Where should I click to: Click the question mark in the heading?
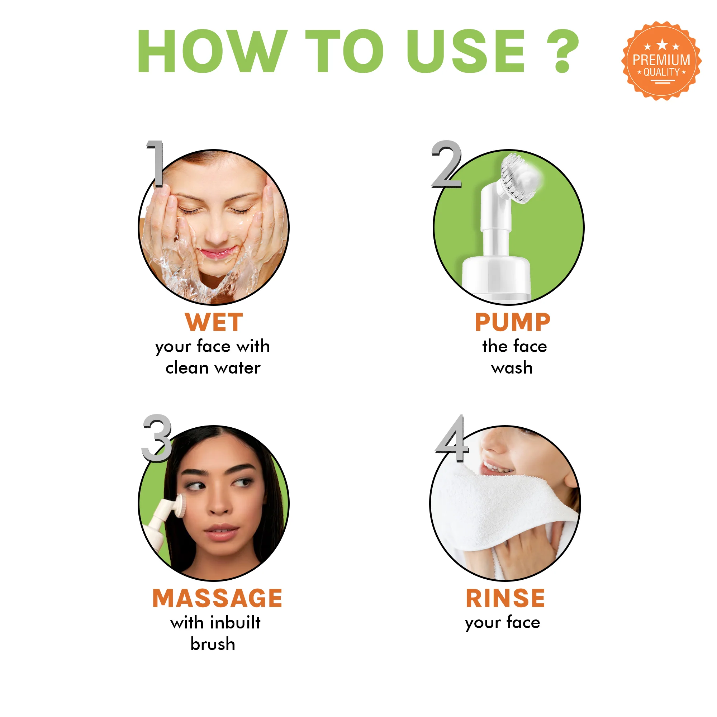(562, 51)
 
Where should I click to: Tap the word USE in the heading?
(466, 51)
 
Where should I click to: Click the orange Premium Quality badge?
(661, 61)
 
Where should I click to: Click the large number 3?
(157, 438)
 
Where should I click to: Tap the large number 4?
(452, 438)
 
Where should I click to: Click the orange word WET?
(214, 322)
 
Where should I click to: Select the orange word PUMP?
(513, 322)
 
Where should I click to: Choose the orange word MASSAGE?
(218, 598)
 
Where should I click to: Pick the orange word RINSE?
(505, 598)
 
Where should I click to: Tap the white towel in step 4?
(501, 505)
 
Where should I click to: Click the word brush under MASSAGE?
(213, 644)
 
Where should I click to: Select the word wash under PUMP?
(512, 368)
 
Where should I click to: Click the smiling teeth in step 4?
(497, 467)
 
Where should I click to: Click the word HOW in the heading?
(212, 51)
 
